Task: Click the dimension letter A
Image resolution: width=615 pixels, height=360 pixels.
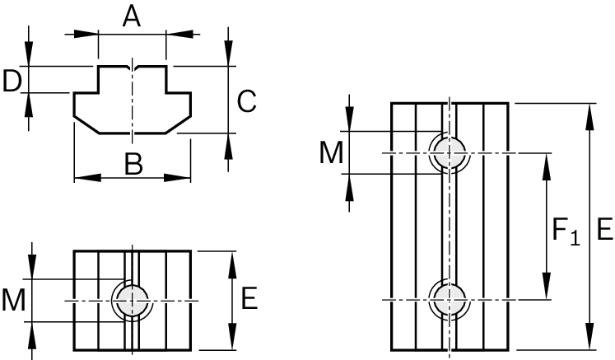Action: click(x=132, y=16)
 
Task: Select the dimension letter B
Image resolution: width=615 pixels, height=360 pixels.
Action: click(x=133, y=164)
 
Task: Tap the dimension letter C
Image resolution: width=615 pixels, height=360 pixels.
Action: click(x=246, y=101)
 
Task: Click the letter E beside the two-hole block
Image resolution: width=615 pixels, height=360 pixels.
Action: click(x=603, y=229)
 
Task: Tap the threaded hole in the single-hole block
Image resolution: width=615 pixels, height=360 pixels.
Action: click(x=132, y=300)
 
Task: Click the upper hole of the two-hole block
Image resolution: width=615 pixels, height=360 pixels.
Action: click(x=448, y=153)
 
